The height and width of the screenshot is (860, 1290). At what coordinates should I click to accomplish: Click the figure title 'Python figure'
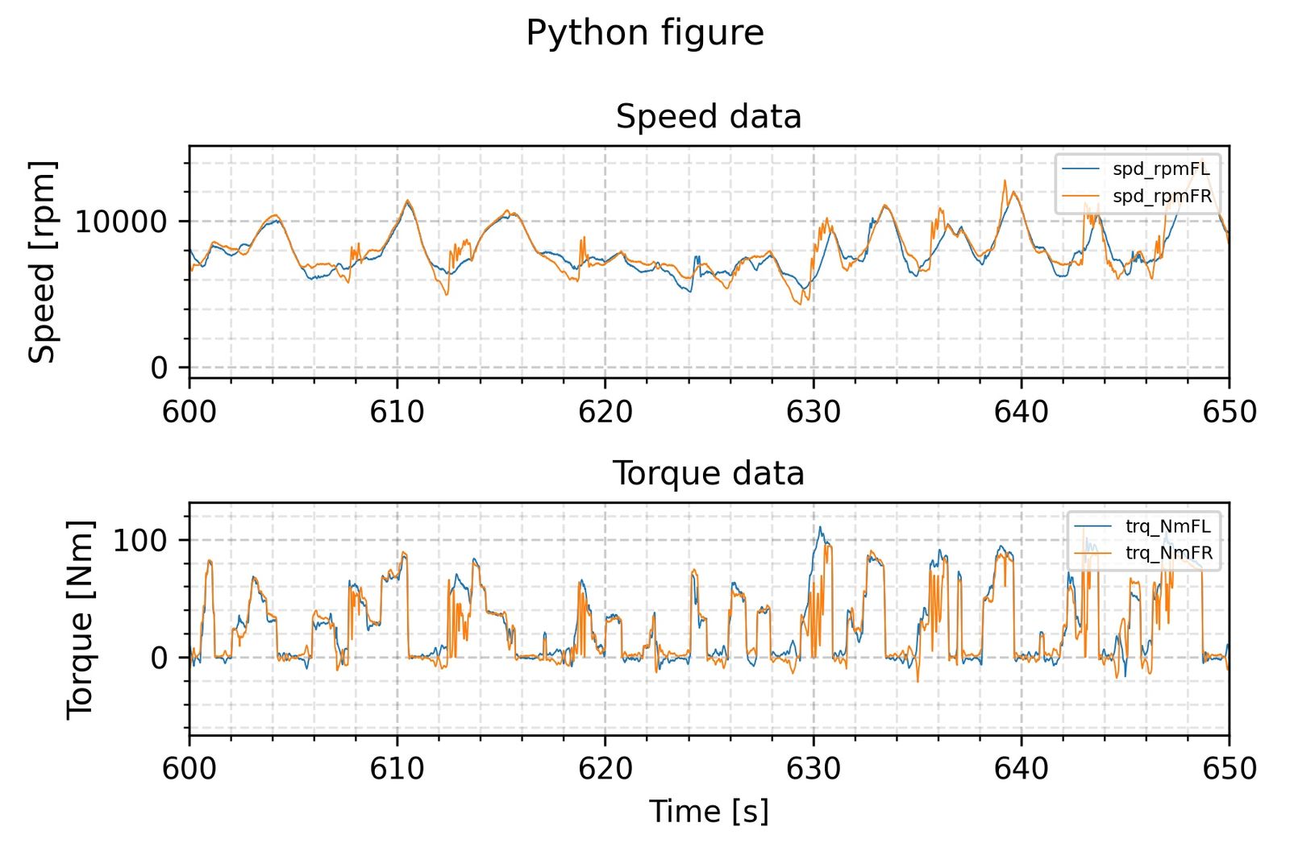pos(644,33)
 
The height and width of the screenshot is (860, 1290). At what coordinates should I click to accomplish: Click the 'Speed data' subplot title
pos(709,117)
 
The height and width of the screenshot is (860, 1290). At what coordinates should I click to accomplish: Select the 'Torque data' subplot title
pos(709,473)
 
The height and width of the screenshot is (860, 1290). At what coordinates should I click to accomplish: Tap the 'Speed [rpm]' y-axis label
pos(42,262)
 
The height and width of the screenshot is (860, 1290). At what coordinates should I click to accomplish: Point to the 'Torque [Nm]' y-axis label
pos(80,619)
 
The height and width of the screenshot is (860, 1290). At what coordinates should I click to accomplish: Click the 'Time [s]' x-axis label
pos(709,811)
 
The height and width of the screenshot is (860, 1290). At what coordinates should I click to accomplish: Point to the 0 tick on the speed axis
pos(159,368)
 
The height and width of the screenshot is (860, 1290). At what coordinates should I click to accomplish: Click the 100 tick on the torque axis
pos(139,540)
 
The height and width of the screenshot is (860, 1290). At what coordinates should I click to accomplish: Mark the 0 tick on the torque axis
pos(159,658)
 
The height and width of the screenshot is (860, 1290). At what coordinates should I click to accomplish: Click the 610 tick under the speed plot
pos(397,412)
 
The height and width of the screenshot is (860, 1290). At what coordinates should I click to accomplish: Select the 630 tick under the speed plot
pos(813,412)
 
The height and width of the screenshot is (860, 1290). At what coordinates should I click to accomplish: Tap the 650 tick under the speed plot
pos(1229,412)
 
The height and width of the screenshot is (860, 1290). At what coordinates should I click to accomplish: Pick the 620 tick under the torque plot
pos(605,768)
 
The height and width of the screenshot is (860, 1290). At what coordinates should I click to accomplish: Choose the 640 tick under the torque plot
pos(1021,768)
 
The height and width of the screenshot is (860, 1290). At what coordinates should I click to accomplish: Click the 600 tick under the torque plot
pos(189,768)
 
